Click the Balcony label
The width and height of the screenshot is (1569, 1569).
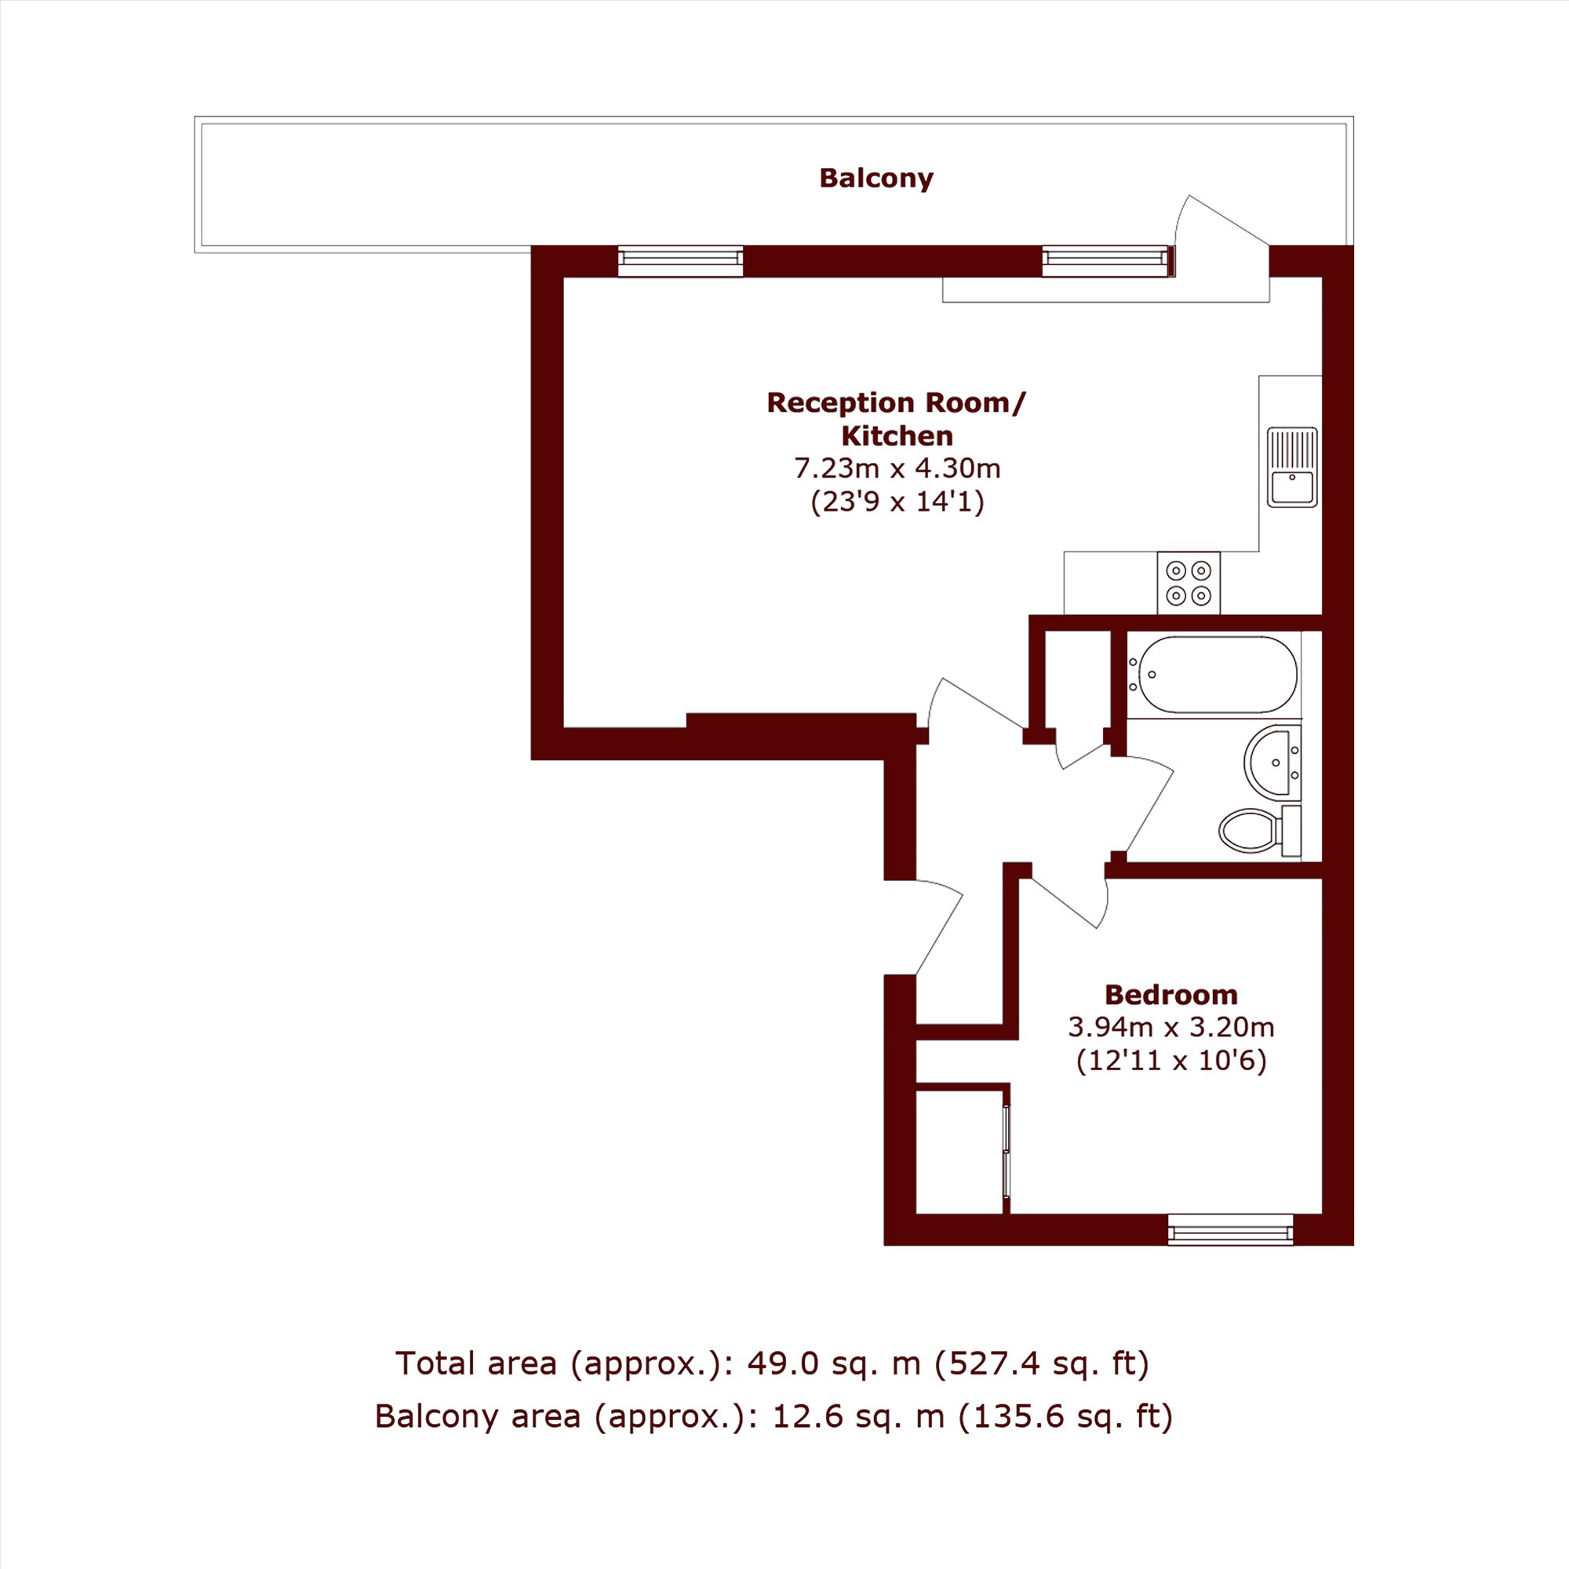(x=876, y=178)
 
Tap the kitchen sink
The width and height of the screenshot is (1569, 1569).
(x=1292, y=467)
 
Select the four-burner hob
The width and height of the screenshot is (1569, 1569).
(x=1188, y=583)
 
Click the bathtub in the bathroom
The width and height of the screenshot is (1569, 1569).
(x=1214, y=675)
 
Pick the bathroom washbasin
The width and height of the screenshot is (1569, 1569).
(x=1272, y=763)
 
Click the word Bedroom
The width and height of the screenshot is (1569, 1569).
(x=1170, y=995)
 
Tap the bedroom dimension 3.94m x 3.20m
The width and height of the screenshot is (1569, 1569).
(x=1170, y=1028)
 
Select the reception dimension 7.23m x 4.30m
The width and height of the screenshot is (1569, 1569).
(x=897, y=468)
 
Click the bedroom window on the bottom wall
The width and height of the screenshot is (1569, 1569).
(x=1230, y=1229)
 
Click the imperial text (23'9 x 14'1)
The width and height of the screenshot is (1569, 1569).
(x=897, y=502)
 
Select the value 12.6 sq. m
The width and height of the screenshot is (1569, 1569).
(x=857, y=1416)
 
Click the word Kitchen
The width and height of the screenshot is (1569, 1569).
(x=897, y=436)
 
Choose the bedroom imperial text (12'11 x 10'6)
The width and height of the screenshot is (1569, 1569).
(x=1170, y=1061)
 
